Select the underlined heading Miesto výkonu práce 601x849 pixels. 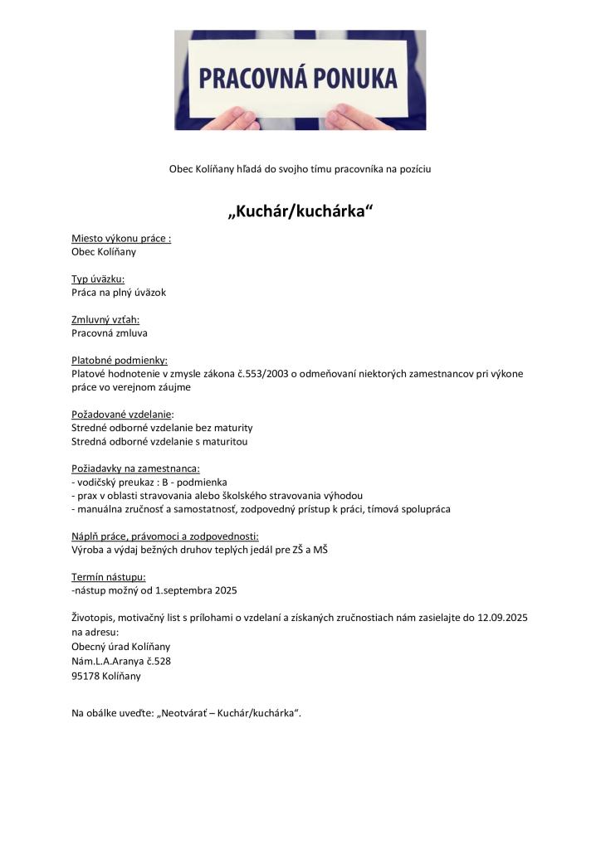click(x=121, y=238)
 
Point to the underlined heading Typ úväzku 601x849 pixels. click(x=98, y=279)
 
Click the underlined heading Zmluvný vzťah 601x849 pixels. click(x=105, y=319)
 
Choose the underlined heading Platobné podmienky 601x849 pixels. click(x=120, y=360)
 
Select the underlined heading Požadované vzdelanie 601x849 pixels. click(x=123, y=414)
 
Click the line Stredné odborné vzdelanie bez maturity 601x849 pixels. click(x=162, y=427)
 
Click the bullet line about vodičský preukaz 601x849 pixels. click(x=149, y=482)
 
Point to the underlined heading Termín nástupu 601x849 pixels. click(x=109, y=576)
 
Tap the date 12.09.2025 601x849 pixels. click(x=500, y=617)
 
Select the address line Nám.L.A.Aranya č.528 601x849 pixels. click(x=121, y=661)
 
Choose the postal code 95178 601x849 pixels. click(x=86, y=675)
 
